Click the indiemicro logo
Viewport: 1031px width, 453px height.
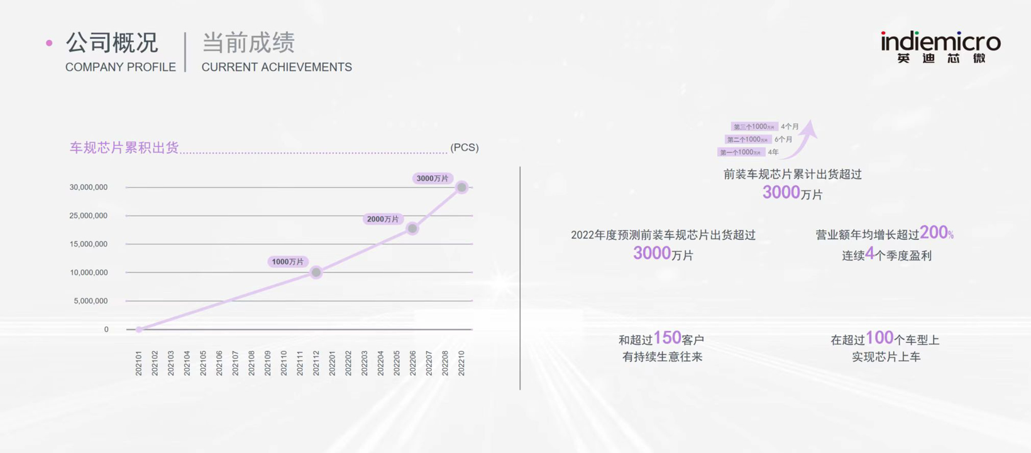[x=940, y=47]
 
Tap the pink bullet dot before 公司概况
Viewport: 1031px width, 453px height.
[x=49, y=43]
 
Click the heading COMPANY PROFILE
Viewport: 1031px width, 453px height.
[x=121, y=67]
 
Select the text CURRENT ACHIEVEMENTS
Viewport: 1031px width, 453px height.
[x=277, y=67]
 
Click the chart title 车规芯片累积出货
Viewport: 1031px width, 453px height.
[x=124, y=148]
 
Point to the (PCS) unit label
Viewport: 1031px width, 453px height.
[x=465, y=148]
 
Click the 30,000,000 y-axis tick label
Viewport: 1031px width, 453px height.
[x=89, y=187]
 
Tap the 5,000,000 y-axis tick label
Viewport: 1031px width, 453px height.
[x=91, y=301]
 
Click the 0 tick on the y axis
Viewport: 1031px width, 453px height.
[x=106, y=329]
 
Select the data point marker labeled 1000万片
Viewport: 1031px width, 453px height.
[x=316, y=272]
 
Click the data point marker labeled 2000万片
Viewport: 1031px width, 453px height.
[x=412, y=229]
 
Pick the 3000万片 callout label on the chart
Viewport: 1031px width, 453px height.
[x=433, y=178]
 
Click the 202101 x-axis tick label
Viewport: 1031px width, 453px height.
[x=139, y=363]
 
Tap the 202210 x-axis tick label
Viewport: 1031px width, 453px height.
[x=461, y=363]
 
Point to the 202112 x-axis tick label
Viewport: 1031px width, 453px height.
[x=316, y=363]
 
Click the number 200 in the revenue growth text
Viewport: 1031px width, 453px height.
[x=933, y=232]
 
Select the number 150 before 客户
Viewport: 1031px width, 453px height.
[x=667, y=338]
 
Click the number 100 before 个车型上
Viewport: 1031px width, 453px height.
[x=879, y=338]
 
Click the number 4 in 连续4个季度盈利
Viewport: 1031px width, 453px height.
[x=869, y=253]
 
